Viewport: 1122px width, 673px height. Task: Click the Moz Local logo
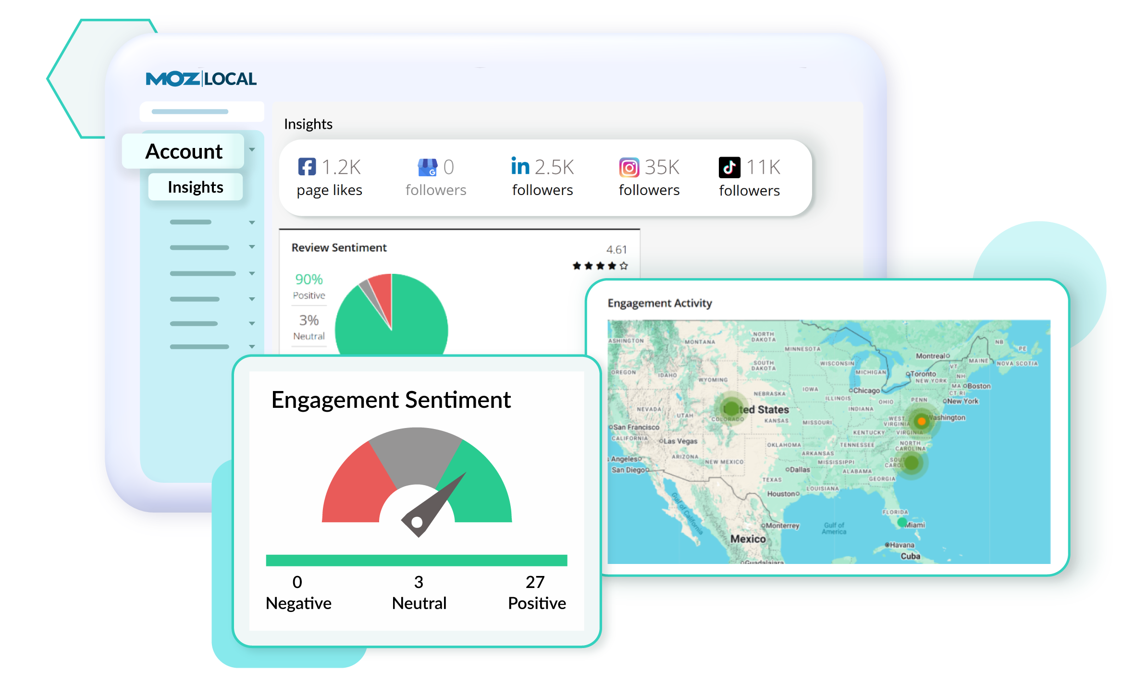[201, 79]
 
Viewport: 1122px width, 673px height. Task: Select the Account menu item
[184, 151]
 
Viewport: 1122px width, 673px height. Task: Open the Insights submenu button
[195, 187]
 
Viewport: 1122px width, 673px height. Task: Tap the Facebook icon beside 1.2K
[307, 167]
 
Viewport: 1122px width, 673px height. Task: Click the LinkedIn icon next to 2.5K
[520, 166]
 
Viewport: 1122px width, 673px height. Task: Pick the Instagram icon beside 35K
[629, 168]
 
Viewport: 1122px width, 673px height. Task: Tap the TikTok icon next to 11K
[729, 167]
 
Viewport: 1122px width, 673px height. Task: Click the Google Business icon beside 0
[427, 167]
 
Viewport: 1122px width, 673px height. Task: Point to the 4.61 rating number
[616, 250]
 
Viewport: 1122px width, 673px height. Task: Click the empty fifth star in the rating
[624, 266]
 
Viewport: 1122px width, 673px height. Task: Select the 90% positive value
[308, 279]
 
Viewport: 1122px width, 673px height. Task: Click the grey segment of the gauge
[416, 454]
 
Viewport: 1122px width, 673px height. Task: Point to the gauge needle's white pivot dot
[417, 522]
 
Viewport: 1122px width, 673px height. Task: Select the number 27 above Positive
[535, 582]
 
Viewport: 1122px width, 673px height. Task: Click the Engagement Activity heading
[659, 303]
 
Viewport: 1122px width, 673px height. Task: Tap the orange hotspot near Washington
[921, 421]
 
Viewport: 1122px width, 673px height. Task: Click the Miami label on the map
[915, 525]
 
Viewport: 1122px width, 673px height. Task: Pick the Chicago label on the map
[866, 391]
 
